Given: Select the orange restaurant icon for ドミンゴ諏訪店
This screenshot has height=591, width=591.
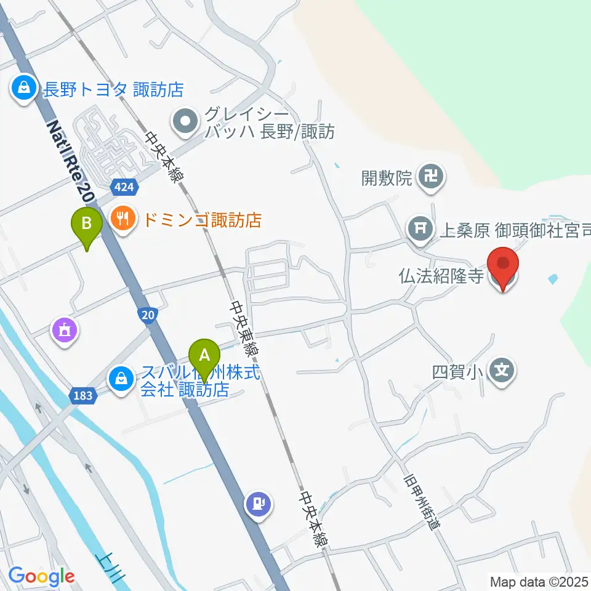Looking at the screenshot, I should point(123,219).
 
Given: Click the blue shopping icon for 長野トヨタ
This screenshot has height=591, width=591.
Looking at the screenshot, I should point(23,89).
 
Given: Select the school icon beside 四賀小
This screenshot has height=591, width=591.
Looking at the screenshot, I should point(502,371).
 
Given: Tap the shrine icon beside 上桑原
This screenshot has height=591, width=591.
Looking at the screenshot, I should point(421,230).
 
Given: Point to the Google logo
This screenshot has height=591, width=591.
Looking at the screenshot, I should point(41,576).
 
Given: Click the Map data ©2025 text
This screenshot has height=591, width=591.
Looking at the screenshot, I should point(539,581).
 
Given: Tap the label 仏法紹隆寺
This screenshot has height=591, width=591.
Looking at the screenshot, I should point(441,275).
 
